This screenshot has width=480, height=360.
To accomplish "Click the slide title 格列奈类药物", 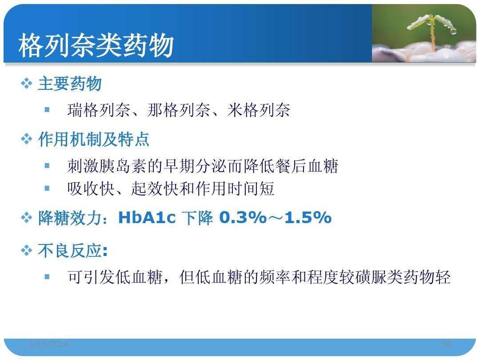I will [96, 46].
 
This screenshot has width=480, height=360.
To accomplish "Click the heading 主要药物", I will [70, 84].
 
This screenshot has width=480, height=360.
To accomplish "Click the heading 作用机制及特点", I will [94, 140].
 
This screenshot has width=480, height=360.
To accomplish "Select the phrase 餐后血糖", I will [307, 167].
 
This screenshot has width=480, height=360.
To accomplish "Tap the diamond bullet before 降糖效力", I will [27, 218].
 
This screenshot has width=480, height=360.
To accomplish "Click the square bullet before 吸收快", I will [47, 188].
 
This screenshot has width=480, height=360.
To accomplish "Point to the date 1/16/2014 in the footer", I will [48, 344].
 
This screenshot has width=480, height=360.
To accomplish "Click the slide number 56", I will [447, 344].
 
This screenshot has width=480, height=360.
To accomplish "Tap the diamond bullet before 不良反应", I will [27, 251].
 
